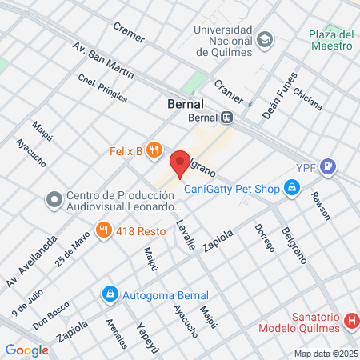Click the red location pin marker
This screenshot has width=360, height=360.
point(181,162)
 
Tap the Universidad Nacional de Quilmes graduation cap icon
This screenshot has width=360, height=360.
point(264,38)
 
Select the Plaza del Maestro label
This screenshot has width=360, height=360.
point(332,40)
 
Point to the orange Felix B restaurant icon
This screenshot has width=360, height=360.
point(155,150)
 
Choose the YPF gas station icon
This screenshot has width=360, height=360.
point(328,167)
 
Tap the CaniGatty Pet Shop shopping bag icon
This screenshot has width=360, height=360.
point(293,189)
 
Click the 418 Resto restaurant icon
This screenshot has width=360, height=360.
point(103,230)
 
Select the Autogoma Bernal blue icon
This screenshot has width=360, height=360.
point(110,294)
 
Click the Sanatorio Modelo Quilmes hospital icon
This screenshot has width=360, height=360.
point(350,322)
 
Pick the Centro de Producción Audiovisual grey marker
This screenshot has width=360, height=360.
point(54,198)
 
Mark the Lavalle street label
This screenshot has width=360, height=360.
point(185,235)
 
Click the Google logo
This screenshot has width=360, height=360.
point(26,350)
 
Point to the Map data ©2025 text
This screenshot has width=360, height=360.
point(323,354)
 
